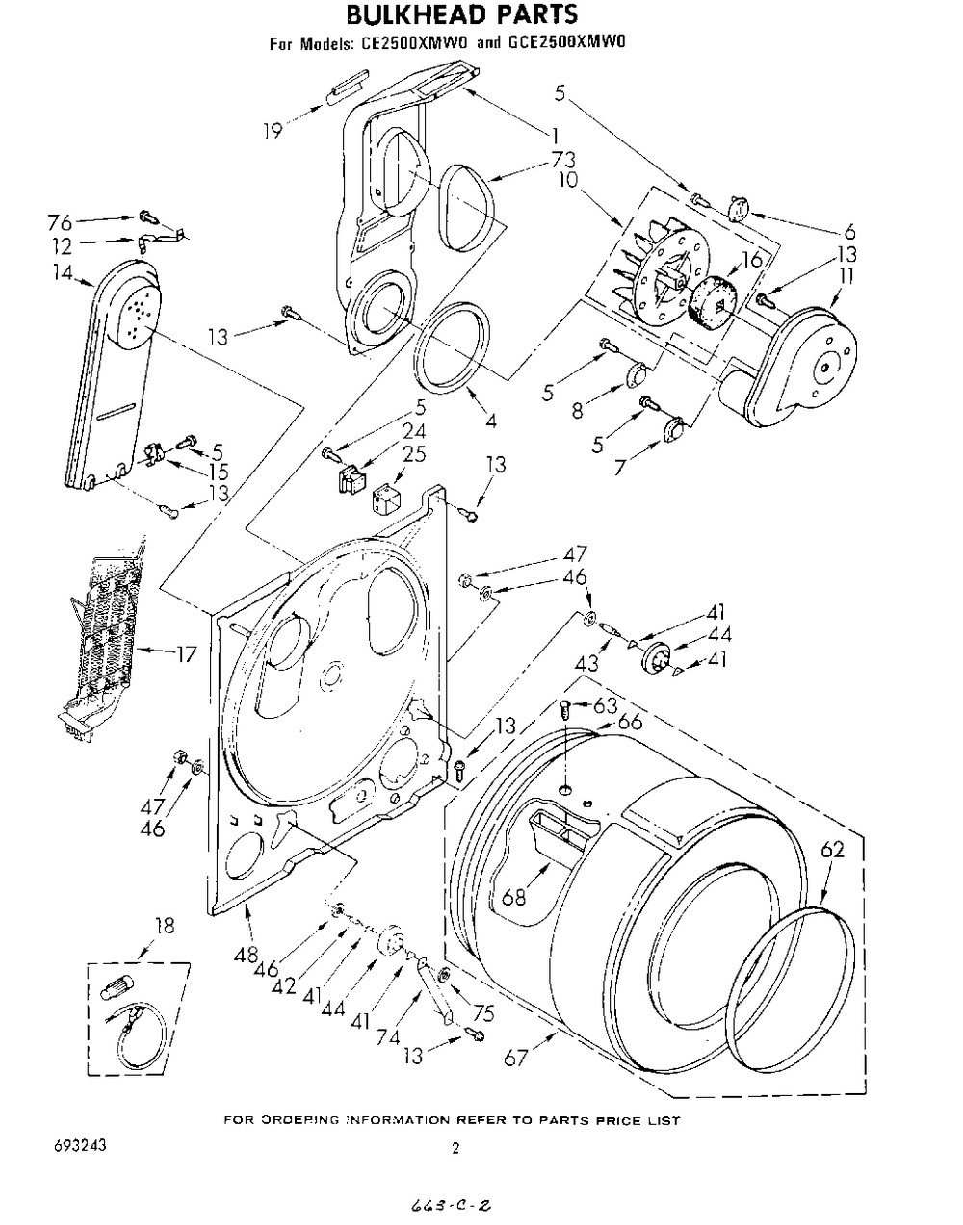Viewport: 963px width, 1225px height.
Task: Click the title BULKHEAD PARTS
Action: coord(461,14)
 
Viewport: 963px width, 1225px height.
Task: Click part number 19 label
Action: coord(273,131)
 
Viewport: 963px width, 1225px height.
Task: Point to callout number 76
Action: coord(61,223)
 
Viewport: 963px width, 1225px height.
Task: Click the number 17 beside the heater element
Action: coord(185,655)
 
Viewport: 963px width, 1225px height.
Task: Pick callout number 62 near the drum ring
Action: coord(833,850)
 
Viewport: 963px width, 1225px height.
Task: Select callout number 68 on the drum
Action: coord(513,897)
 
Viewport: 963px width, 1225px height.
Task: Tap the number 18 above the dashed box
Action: coord(164,926)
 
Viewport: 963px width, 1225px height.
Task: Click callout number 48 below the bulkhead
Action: coord(246,954)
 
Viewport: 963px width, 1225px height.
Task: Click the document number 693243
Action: coord(80,1146)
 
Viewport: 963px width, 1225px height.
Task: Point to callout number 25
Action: coord(414,454)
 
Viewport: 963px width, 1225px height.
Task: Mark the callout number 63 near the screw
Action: coord(606,705)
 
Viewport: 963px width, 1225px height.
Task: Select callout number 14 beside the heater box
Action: coord(64,273)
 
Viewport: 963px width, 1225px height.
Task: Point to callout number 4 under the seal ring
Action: coord(491,421)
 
